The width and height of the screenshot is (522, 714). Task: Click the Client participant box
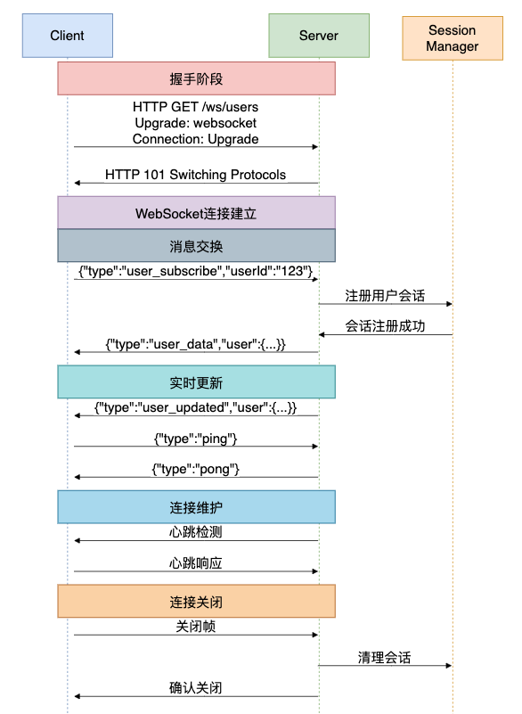[68, 36]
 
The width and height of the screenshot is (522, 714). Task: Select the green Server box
[319, 36]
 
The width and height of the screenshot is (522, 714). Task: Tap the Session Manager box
[453, 38]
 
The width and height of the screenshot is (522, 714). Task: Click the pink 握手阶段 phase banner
[197, 78]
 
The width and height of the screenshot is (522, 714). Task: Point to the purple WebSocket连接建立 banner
[197, 213]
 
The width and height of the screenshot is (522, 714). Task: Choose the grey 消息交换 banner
[197, 246]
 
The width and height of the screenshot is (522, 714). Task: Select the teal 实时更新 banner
[197, 382]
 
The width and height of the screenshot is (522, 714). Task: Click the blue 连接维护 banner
[197, 507]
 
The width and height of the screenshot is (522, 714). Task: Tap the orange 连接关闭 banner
[197, 602]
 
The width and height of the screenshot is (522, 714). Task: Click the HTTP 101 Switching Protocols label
[196, 175]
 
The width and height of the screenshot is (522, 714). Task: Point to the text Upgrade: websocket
[196, 123]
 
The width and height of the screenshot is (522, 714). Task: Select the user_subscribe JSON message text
[196, 271]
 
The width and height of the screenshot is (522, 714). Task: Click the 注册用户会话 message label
[385, 296]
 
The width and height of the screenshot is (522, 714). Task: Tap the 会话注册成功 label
[385, 326]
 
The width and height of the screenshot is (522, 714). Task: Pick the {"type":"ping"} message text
[196, 439]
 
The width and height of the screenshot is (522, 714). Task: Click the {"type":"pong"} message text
[196, 470]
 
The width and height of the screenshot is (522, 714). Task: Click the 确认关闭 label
[196, 687]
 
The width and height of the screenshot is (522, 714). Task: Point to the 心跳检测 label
[196, 532]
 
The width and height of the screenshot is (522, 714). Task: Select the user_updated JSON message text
[196, 407]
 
